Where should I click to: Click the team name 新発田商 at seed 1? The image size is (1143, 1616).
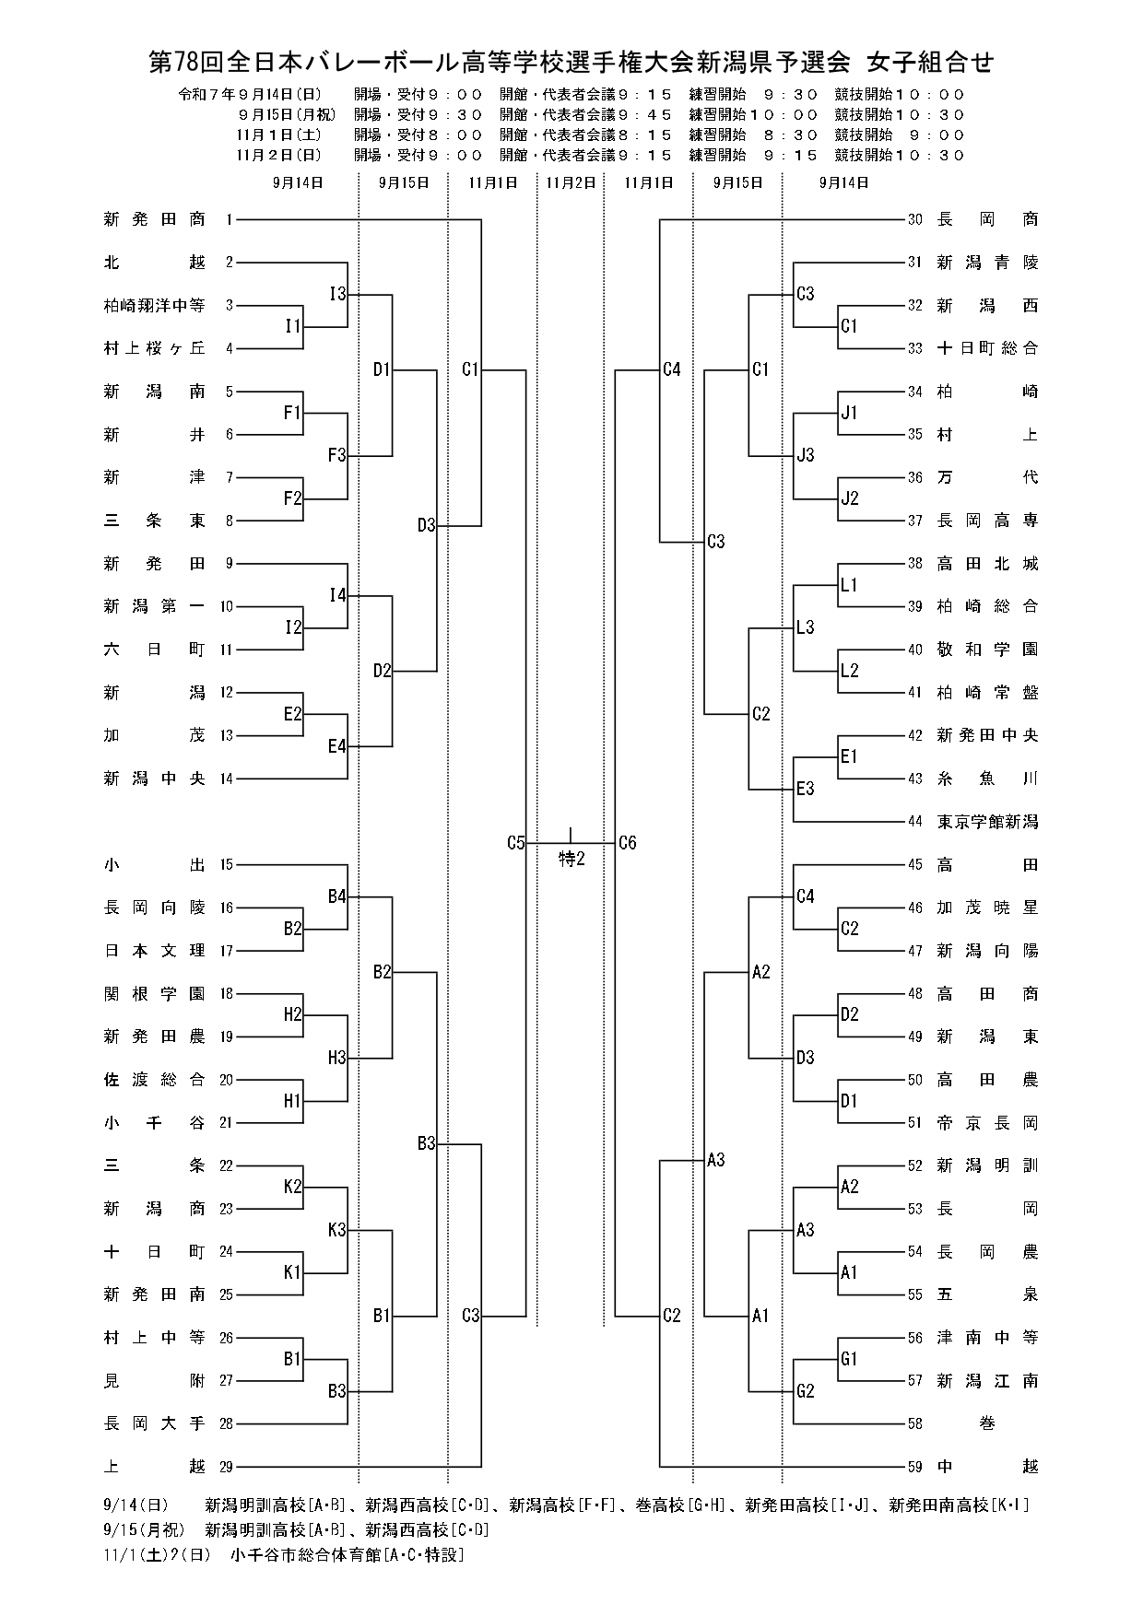coord(155,219)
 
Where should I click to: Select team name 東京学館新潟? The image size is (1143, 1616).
coord(987,822)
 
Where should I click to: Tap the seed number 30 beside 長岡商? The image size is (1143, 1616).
coord(914,219)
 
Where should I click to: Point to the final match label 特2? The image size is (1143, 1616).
coord(571,860)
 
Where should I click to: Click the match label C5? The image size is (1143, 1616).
coord(515,842)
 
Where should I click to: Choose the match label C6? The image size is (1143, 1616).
coord(628,842)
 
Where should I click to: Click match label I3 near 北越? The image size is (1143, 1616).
coord(337,294)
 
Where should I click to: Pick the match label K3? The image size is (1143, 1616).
coord(337,1229)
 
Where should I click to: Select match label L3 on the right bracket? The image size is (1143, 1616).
coord(805,627)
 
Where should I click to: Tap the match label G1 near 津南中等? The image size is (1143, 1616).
coord(849,1359)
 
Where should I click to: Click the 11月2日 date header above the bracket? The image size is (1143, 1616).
coord(571,182)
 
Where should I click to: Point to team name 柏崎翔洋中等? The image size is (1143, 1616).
coord(155,305)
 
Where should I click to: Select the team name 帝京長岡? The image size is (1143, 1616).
coord(987,1123)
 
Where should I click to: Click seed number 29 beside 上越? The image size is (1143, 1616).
coord(227,1467)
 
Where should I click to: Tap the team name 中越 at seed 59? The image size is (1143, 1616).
coord(987,1467)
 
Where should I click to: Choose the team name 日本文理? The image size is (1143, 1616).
coord(155,951)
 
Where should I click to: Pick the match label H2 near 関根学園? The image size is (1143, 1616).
coord(293,1014)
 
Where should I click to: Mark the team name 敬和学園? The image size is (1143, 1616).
coord(987,650)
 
